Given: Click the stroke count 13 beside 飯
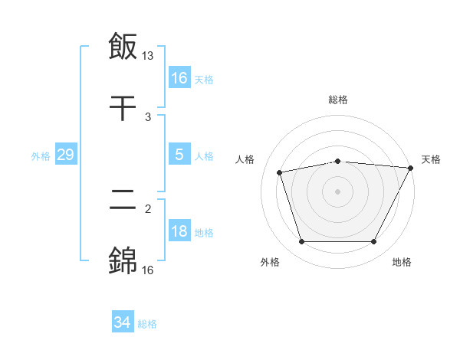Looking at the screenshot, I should (x=148, y=56).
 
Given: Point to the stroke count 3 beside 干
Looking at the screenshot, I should (x=148, y=117).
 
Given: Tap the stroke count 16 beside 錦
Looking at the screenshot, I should (x=148, y=270).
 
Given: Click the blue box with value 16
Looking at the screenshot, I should (x=179, y=78).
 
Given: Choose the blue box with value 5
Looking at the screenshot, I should (x=179, y=155).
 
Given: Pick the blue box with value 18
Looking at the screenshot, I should (x=179, y=231).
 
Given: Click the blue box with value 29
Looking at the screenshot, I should (x=65, y=155).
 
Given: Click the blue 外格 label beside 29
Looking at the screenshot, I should (x=41, y=155).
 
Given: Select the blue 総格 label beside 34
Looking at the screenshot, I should (x=147, y=324).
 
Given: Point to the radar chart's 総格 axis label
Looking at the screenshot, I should (x=338, y=100).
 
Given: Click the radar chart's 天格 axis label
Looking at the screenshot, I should (x=431, y=159).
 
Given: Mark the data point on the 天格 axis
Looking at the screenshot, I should (x=412, y=168).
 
